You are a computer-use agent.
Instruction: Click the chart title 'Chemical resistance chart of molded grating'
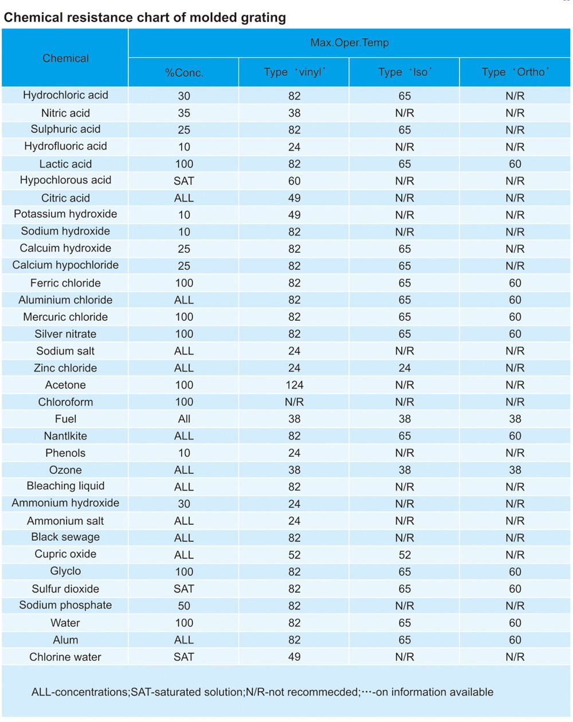145,17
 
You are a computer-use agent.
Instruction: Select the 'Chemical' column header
65,58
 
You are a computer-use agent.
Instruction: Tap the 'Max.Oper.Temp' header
349,42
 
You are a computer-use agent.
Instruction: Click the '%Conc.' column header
184,73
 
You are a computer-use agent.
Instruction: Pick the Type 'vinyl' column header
294,72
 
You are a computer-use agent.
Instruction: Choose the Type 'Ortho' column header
515,72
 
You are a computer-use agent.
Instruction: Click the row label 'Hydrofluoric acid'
65,146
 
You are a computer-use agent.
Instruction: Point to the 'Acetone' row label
65,385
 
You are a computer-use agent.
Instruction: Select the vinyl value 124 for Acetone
294,385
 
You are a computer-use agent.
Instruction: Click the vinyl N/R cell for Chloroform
294,402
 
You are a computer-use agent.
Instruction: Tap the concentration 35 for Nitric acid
184,113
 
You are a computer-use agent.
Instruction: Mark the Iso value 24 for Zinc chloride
405,368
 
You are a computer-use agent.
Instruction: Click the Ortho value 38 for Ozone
515,470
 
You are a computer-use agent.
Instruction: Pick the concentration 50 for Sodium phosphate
184,606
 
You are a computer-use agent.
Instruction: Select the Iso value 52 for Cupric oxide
405,555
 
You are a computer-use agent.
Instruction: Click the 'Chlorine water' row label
65,657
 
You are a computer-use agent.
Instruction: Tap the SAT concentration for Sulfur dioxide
184,589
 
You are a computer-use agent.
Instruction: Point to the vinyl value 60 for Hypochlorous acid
294,181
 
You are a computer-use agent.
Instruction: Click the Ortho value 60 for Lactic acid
515,164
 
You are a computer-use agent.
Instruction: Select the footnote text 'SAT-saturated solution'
187,692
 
